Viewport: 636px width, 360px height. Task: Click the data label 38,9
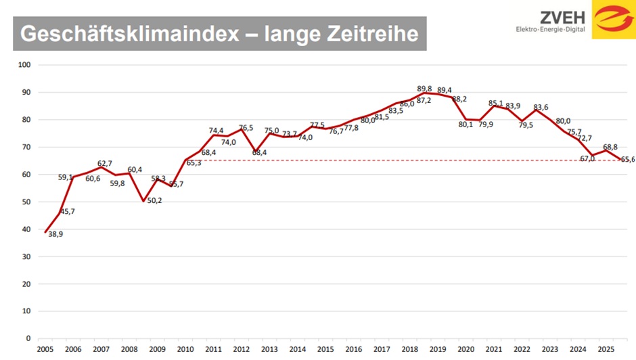55,234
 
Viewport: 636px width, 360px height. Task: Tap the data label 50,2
154,200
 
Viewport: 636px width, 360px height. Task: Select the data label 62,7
104,163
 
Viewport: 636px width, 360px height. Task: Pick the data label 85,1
497,104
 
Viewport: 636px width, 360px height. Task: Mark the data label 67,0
586,158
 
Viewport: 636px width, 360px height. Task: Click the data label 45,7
67,212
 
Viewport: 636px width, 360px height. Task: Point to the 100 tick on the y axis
25,65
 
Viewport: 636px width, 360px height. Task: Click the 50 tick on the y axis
27,202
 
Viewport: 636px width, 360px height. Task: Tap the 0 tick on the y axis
29,338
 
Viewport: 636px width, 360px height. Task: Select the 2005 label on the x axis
45,349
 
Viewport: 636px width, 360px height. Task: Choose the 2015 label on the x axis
325,349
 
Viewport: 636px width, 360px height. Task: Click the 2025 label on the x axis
605,349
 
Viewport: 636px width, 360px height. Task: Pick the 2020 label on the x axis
465,349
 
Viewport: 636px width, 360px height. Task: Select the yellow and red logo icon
613,20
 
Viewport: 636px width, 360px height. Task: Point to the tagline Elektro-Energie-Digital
551,30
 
